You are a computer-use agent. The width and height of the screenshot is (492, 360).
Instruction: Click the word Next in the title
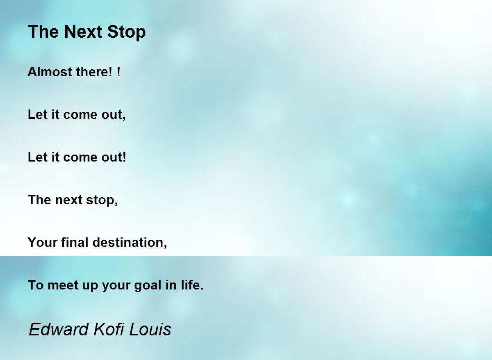[x=83, y=32]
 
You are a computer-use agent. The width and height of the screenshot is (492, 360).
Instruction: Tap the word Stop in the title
[x=126, y=32]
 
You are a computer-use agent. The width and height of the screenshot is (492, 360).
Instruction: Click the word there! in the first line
[x=94, y=72]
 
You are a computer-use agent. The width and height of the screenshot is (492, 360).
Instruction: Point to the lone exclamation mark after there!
[x=118, y=72]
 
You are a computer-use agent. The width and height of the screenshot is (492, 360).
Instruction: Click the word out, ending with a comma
[x=113, y=115]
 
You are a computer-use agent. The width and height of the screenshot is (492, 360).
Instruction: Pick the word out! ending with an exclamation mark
[x=114, y=157]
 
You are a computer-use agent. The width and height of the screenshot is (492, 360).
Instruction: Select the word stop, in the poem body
[x=102, y=201]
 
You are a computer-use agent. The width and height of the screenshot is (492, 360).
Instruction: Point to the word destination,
[x=130, y=242]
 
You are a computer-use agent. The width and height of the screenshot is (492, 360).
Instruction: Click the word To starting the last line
[x=36, y=285]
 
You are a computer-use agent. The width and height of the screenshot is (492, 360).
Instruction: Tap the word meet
[x=63, y=285]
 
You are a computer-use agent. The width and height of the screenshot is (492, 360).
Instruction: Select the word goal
[x=148, y=286]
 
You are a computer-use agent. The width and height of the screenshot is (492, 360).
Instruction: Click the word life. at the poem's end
[x=192, y=285]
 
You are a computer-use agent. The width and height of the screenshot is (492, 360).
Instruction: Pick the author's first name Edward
[x=59, y=329]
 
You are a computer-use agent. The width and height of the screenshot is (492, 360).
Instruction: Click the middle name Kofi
[x=109, y=329]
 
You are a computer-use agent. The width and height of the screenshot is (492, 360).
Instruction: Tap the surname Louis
[x=150, y=330]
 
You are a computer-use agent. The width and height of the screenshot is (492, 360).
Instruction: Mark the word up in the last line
[x=90, y=286]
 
